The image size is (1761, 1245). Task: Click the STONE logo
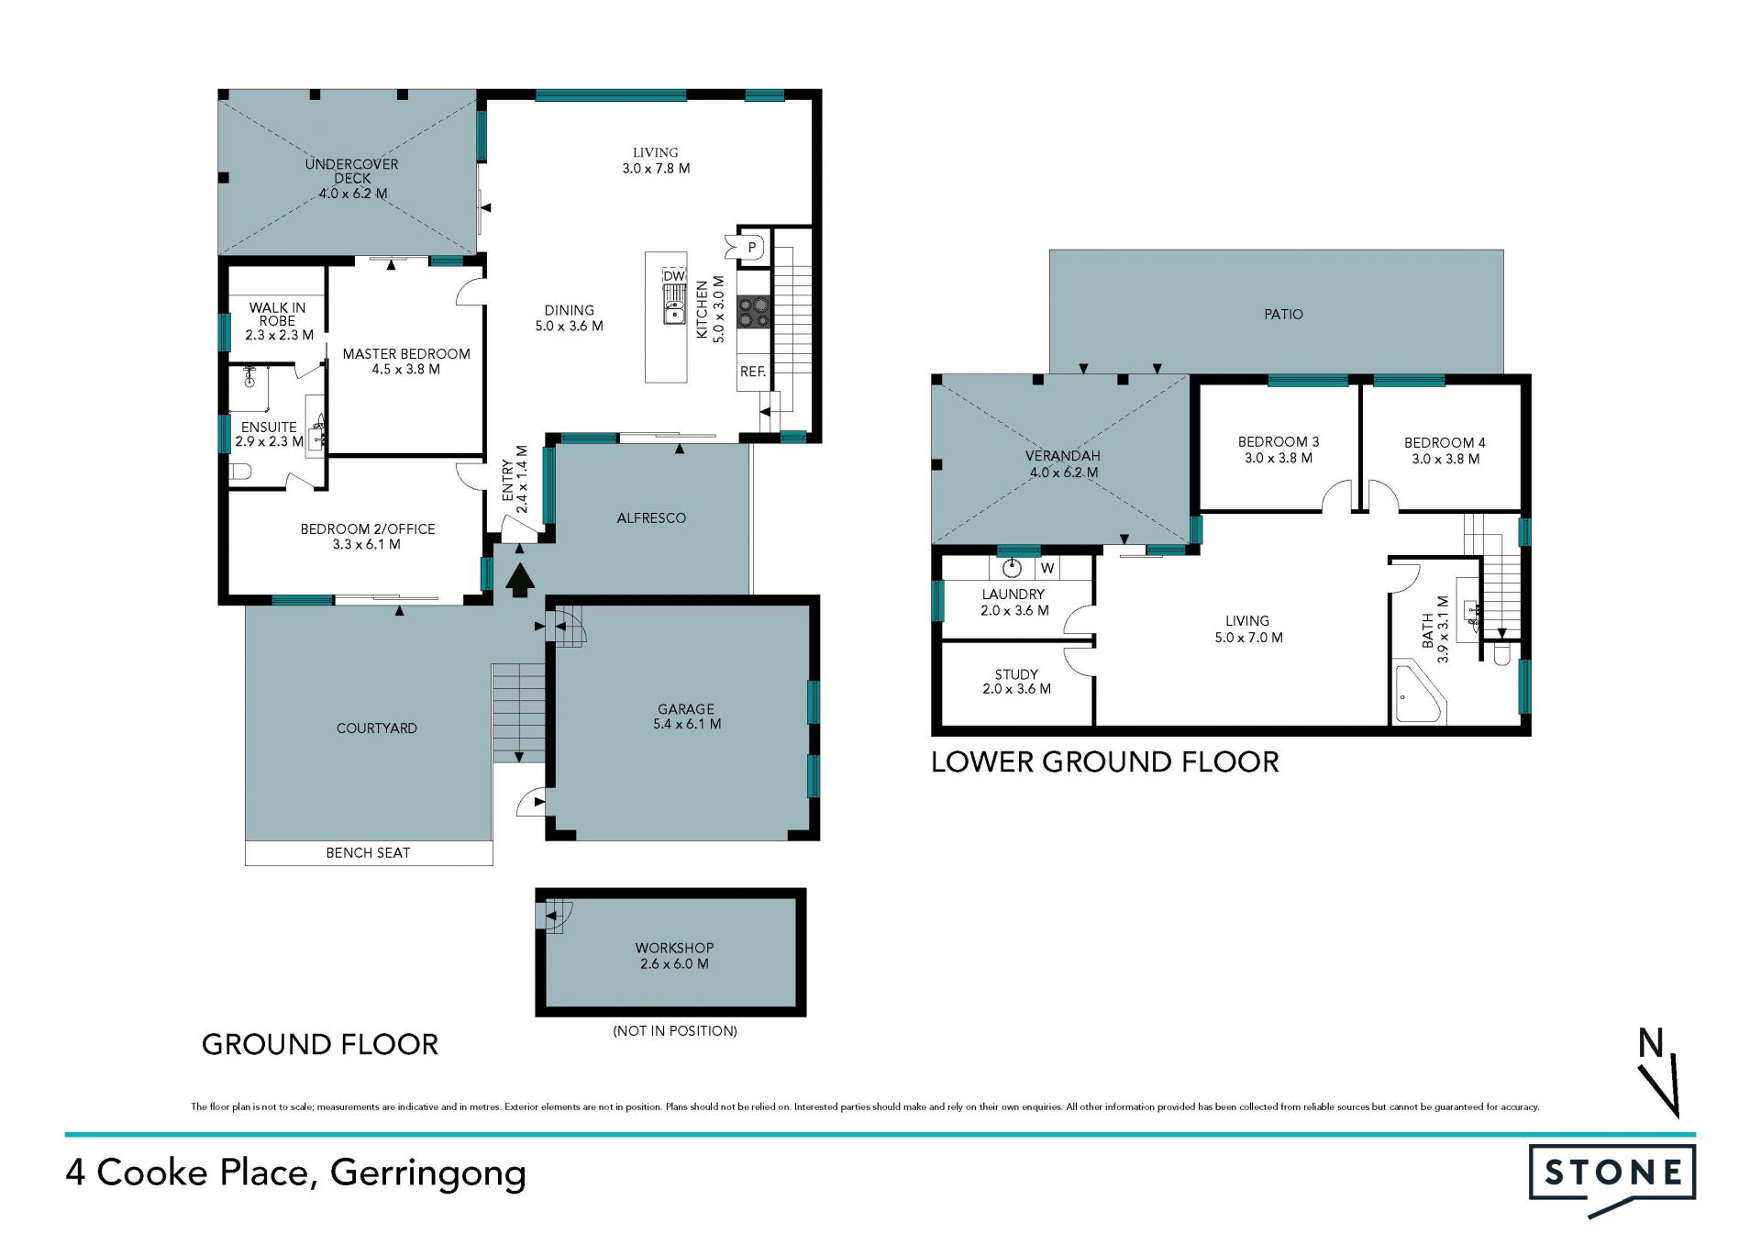[x=1612, y=1179]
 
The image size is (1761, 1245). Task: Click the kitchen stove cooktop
[x=754, y=312]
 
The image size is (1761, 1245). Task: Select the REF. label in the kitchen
[x=753, y=372]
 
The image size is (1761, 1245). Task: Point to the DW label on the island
[x=674, y=276]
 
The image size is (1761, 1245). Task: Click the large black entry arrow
[x=520, y=581]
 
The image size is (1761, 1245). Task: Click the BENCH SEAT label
[x=368, y=853]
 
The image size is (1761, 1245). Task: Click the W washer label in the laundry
[x=1047, y=569]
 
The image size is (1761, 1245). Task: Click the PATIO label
[x=1283, y=315]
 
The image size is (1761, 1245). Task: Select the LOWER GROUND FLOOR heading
[x=1105, y=762]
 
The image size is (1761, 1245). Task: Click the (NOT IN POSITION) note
[x=675, y=1031]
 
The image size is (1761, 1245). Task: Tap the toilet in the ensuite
[x=240, y=472]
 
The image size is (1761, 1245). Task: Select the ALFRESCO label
[x=651, y=518]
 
